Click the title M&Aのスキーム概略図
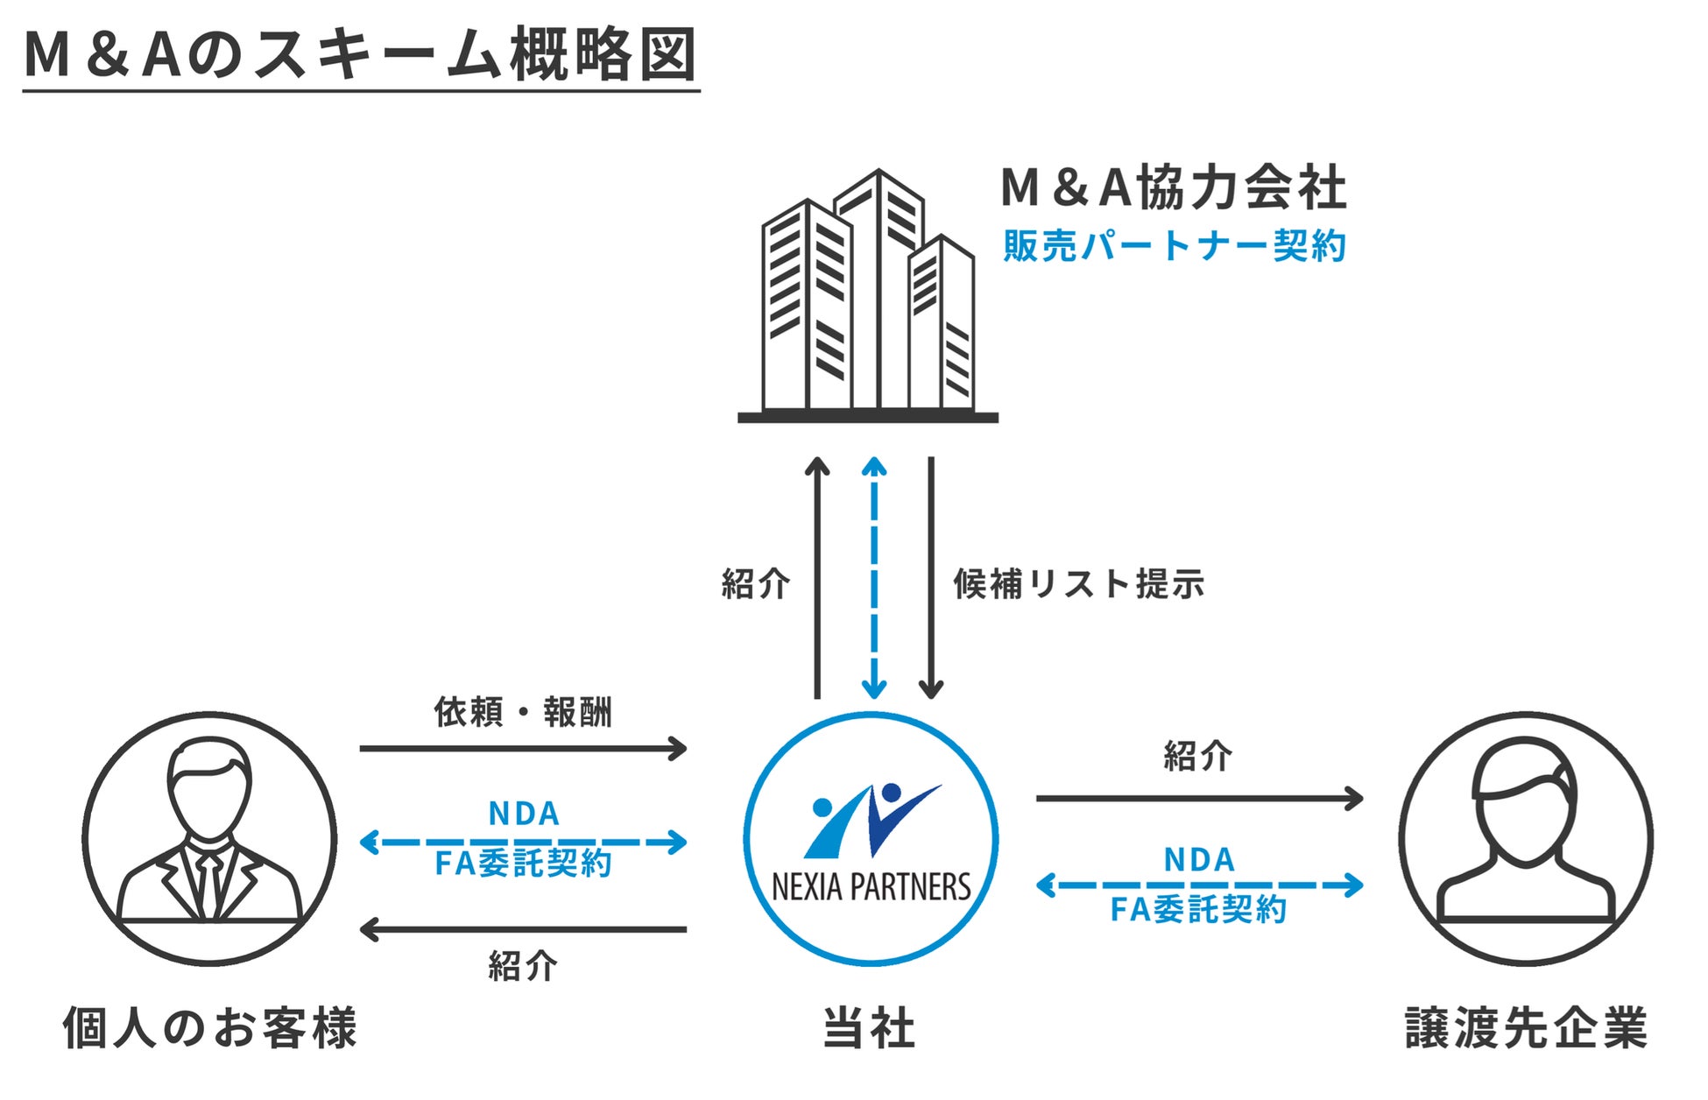pyautogui.click(x=360, y=55)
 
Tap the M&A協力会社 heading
pyautogui.click(x=1173, y=187)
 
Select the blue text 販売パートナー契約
pyautogui.click(x=1174, y=246)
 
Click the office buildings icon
pyautogui.click(x=867, y=298)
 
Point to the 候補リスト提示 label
pyautogui.click(x=1079, y=583)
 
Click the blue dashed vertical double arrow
pyautogui.click(x=873, y=578)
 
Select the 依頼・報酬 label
pyautogui.click(x=523, y=712)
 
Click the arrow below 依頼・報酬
pyautogui.click(x=523, y=749)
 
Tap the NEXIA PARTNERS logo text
pyautogui.click(x=871, y=887)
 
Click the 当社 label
pyautogui.click(x=869, y=1028)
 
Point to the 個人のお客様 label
pyautogui.click(x=210, y=1028)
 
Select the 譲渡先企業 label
pyautogui.click(x=1526, y=1028)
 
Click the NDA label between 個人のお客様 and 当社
pyautogui.click(x=524, y=814)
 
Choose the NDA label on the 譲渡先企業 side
pyautogui.click(x=1199, y=860)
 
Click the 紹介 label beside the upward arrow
pyautogui.click(x=755, y=583)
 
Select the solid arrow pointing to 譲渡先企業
pyautogui.click(x=1199, y=798)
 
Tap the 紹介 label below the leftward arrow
pyautogui.click(x=523, y=966)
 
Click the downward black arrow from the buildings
pyautogui.click(x=931, y=578)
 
